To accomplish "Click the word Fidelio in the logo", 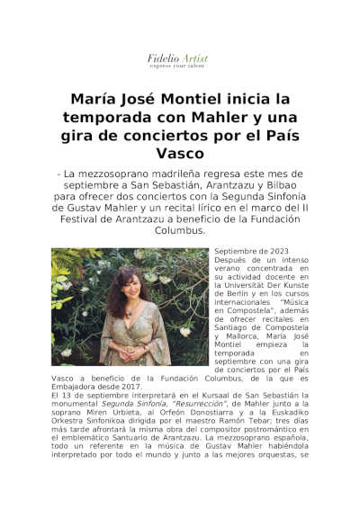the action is pyautogui.click(x=164, y=58).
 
